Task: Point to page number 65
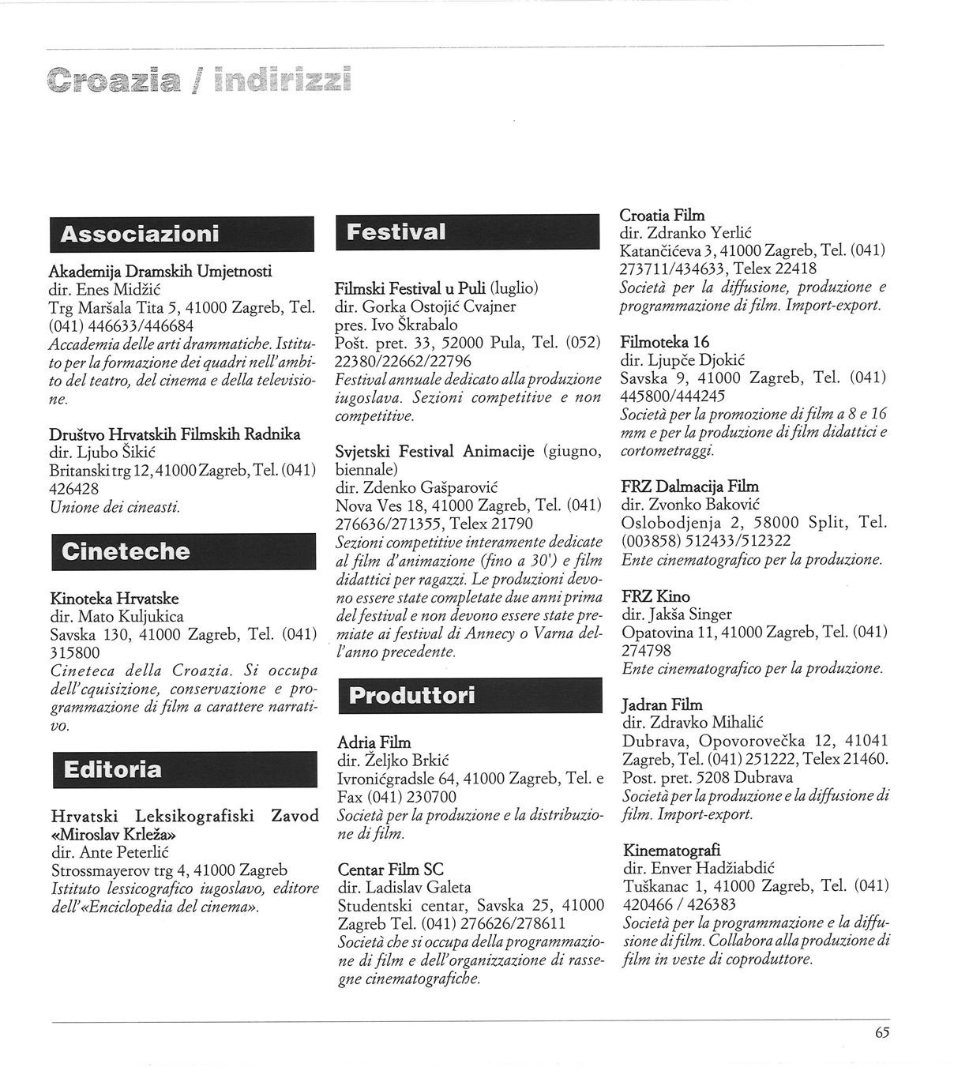(882, 1032)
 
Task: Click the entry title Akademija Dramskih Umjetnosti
(160, 272)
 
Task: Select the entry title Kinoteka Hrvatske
(114, 598)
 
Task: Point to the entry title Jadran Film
(662, 704)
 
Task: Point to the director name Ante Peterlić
(123, 852)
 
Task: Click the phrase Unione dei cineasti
(115, 507)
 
